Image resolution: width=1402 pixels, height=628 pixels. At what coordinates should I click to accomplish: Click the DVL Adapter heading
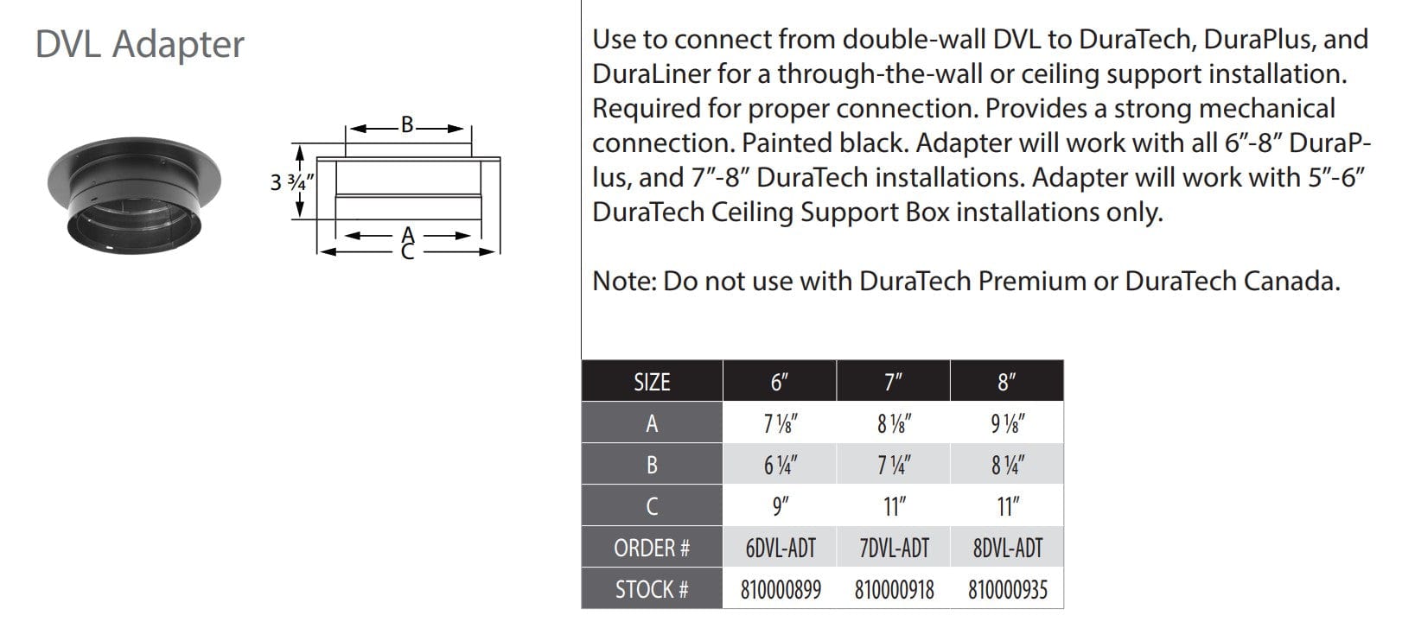click(x=139, y=44)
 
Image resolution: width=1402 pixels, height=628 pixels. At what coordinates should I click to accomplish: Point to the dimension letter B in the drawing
click(x=408, y=124)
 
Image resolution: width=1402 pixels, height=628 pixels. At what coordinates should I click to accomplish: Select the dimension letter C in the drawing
click(x=408, y=251)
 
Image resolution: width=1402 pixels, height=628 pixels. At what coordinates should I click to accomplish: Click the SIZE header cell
click(x=652, y=382)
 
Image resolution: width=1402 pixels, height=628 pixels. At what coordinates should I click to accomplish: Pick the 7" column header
click(x=893, y=382)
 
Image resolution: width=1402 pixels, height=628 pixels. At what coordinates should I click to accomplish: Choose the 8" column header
click(x=1006, y=382)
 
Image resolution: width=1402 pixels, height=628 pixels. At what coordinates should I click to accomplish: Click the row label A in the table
click(x=652, y=423)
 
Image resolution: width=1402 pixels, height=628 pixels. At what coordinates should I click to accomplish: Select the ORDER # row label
click(x=652, y=548)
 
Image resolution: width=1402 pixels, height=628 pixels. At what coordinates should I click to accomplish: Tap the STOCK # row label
click(x=652, y=589)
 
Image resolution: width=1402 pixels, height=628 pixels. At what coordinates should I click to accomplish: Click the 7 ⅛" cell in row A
click(x=780, y=423)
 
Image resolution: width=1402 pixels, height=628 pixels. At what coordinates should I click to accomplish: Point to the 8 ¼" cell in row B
click(x=1006, y=465)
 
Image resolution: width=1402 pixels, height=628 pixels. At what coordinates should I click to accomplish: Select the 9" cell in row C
click(x=780, y=506)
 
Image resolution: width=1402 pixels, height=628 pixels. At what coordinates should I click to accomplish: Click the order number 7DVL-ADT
click(x=893, y=548)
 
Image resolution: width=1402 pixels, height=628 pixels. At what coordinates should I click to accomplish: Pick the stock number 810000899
click(x=781, y=589)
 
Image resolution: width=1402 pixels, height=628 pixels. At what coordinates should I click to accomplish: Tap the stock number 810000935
click(x=1007, y=589)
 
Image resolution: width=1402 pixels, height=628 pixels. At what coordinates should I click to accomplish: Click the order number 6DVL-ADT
click(x=780, y=548)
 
